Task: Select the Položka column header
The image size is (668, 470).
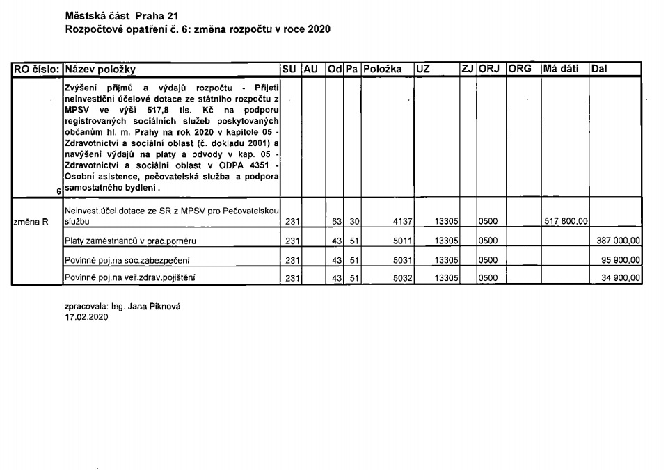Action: (384, 70)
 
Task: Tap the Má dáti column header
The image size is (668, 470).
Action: (561, 70)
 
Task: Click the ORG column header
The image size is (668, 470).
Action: (520, 70)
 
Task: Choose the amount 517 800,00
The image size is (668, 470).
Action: (566, 222)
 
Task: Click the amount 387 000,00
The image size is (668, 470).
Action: (619, 241)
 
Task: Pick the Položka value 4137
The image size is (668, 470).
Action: (404, 222)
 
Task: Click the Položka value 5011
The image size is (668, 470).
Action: (404, 241)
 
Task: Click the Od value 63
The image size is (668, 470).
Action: (335, 222)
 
